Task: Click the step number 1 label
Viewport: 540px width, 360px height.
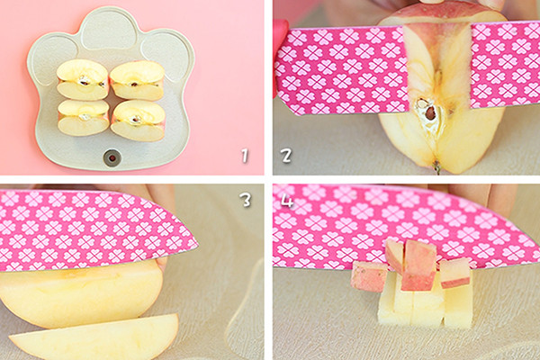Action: tap(245, 156)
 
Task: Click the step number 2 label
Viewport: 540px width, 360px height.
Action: tap(286, 156)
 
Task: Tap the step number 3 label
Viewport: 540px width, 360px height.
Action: tap(247, 200)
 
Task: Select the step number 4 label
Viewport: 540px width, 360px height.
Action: tap(287, 200)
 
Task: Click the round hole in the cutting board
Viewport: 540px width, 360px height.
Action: tap(112, 157)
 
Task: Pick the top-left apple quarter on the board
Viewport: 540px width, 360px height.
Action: tap(83, 79)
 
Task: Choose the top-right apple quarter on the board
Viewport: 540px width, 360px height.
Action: tap(138, 80)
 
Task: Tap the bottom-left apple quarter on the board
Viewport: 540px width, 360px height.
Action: tap(83, 118)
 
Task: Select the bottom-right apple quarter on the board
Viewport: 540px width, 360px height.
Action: tap(138, 121)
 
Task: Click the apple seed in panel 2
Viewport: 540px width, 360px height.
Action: tap(428, 112)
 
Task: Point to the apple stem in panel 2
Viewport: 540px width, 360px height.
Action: tap(436, 167)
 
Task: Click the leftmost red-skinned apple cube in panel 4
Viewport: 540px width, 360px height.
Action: tap(369, 276)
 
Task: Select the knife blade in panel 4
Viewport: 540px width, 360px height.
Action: tap(407, 228)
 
